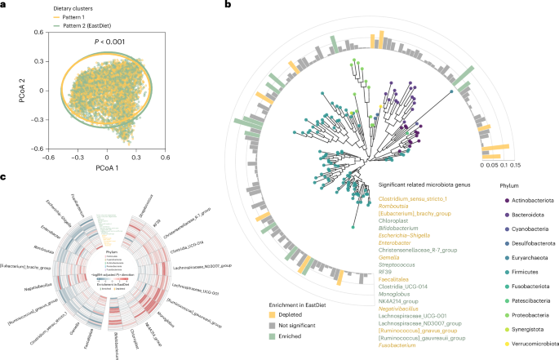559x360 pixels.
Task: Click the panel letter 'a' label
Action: pyautogui.click(x=4, y=5)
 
